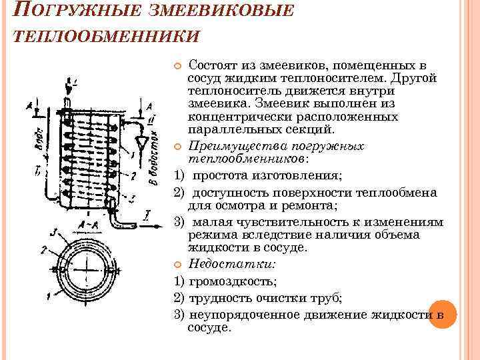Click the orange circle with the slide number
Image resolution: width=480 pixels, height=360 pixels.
click(x=441, y=313)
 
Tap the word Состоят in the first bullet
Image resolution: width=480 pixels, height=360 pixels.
click(x=212, y=65)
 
